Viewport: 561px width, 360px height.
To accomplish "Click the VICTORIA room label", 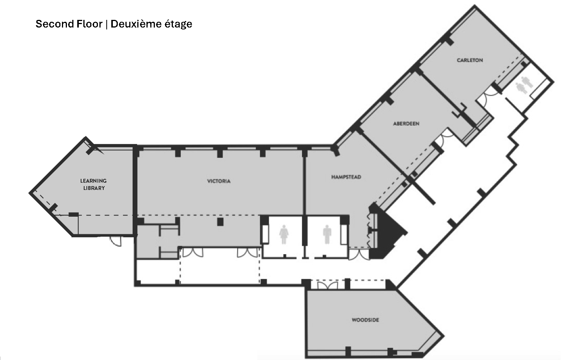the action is pyautogui.click(x=219, y=181).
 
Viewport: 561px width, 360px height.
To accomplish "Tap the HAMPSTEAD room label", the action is pyautogui.click(x=346, y=177).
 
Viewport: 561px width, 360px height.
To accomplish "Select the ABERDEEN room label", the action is pyautogui.click(x=406, y=124).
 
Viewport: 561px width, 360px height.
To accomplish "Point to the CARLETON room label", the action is pyautogui.click(x=470, y=60).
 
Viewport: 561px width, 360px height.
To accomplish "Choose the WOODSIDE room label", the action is pyautogui.click(x=366, y=320).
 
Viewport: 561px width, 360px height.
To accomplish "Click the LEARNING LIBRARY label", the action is pyautogui.click(x=93, y=185).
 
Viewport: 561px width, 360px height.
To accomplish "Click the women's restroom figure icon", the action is pyautogui.click(x=284, y=234).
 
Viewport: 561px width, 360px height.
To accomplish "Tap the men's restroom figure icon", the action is pyautogui.click(x=327, y=234).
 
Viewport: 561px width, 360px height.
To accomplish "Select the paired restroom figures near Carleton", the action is pyautogui.click(x=524, y=85).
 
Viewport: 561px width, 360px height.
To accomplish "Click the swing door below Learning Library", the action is pyautogui.click(x=116, y=241).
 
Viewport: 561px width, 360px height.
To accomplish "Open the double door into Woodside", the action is pyautogui.click(x=328, y=285).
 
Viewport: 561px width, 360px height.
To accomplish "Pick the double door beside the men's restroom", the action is pyautogui.click(x=359, y=254).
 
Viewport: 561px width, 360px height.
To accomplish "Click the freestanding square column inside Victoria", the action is pyautogui.click(x=220, y=222).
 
